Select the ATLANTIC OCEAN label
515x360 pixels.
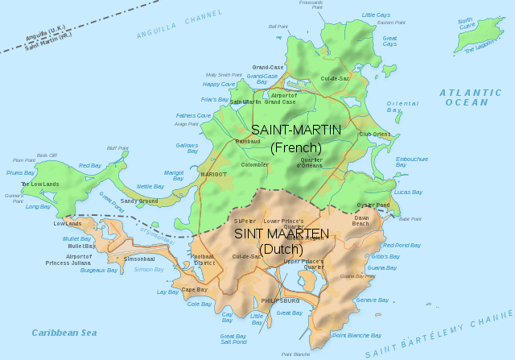470,97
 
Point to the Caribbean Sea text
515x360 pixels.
64,333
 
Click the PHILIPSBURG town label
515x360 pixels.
280,300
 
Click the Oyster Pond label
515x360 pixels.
373,205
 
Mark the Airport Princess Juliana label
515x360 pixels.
91,259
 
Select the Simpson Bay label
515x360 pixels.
148,269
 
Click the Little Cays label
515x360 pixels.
376,14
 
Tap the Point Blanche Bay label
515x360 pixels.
356,335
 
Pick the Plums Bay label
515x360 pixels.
20,172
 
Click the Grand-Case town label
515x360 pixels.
267,67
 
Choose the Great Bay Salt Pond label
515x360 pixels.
233,339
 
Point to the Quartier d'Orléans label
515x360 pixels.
311,162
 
